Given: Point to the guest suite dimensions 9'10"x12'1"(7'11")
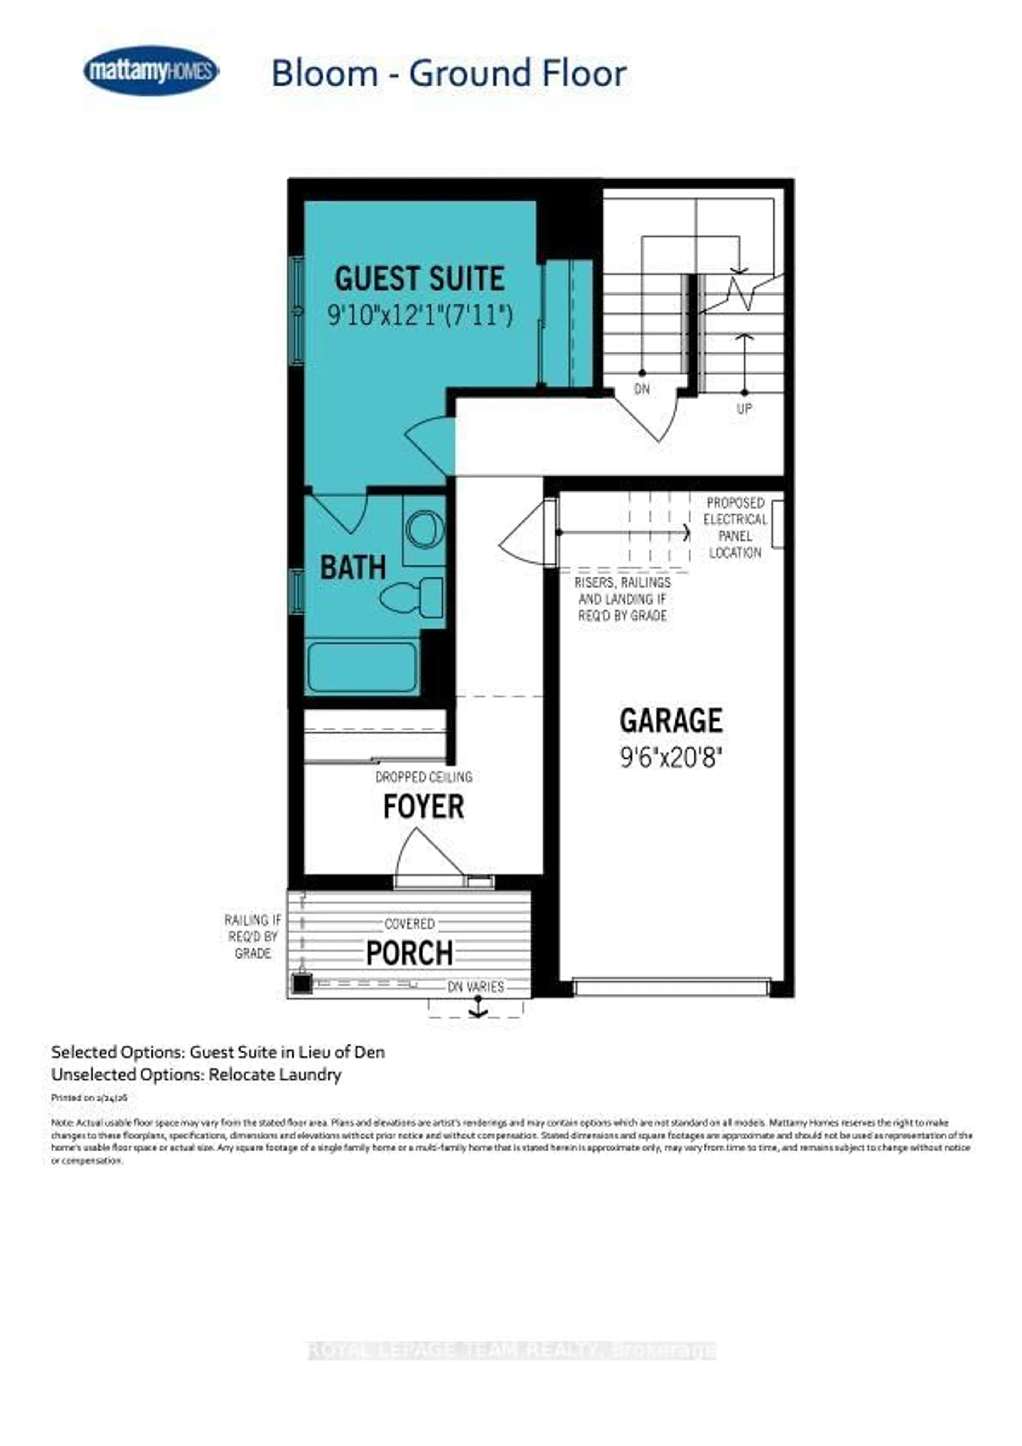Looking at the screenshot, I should [420, 314].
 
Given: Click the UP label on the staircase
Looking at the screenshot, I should [744, 409].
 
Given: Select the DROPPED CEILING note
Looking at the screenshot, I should [423, 777].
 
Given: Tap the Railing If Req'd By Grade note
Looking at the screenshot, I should [253, 936].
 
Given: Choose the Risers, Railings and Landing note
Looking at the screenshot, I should [623, 599].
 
